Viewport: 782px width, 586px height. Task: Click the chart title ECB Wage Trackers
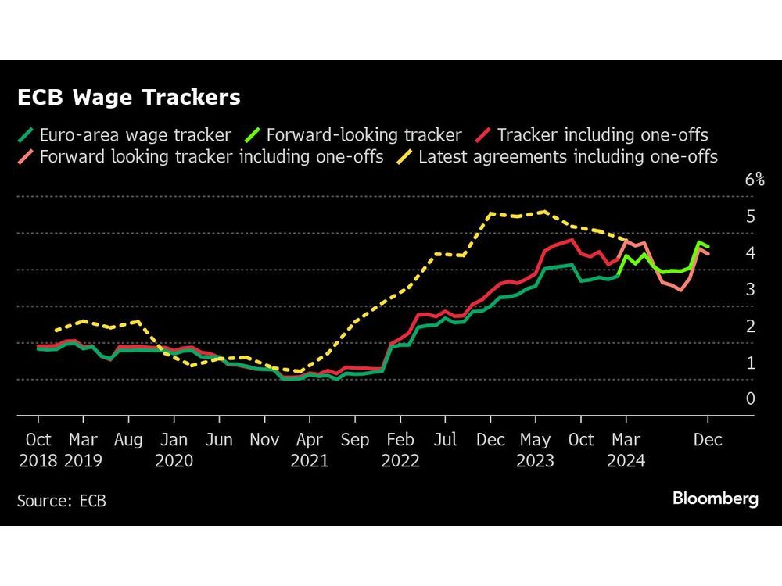129,98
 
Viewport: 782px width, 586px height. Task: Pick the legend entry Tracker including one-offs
602,135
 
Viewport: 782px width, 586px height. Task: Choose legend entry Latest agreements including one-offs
568,157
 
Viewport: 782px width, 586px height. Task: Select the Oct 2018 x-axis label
38,451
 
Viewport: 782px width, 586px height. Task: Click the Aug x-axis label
128,441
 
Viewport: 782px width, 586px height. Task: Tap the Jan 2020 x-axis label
174,451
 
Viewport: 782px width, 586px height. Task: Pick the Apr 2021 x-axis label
310,451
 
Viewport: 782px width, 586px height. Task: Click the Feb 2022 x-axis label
400,451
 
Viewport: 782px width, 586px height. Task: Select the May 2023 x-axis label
536,451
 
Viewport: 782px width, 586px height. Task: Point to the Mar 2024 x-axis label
626,451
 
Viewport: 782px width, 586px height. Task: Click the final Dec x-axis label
708,441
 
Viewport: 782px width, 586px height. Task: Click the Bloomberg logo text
715,499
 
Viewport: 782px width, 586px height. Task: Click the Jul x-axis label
445,441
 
